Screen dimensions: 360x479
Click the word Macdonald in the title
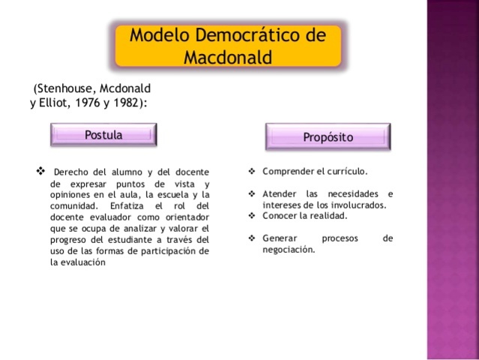228,57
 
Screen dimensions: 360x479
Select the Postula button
103,135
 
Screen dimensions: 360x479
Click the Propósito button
328,137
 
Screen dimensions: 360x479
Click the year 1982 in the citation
124,103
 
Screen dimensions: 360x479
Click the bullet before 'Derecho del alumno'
41,171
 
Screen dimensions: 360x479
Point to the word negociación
289,250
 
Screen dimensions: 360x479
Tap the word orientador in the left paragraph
184,217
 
